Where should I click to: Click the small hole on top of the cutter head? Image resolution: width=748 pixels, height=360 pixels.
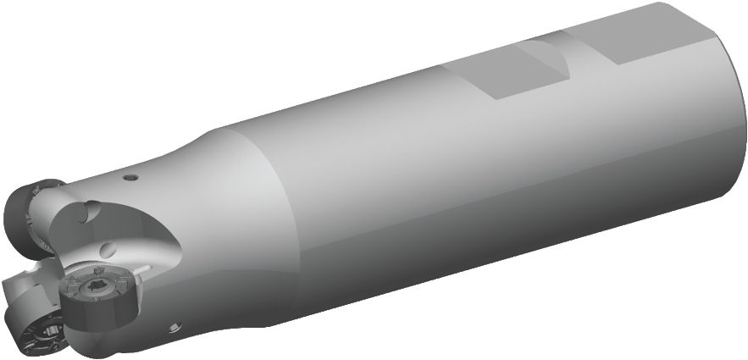130,178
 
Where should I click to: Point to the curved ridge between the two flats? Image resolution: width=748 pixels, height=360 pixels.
555,66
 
